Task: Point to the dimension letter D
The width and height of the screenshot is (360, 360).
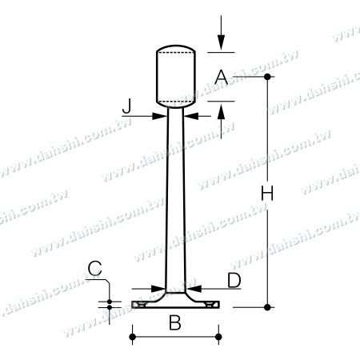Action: pos(234,279)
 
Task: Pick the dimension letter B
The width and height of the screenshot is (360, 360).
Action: pos(174,323)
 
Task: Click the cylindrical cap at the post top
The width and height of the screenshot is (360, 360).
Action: pos(175,78)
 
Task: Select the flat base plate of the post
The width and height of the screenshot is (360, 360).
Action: pos(174,305)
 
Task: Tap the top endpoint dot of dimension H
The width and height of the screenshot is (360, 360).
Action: pos(268,77)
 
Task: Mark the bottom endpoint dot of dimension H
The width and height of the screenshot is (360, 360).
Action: pos(268,306)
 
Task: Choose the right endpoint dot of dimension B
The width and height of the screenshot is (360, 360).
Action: pos(218,338)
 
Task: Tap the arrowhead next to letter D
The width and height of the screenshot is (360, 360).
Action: pos(194,288)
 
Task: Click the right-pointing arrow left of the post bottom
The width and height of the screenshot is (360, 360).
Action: pos(157,288)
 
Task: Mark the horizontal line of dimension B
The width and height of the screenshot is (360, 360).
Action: pos(174,338)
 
